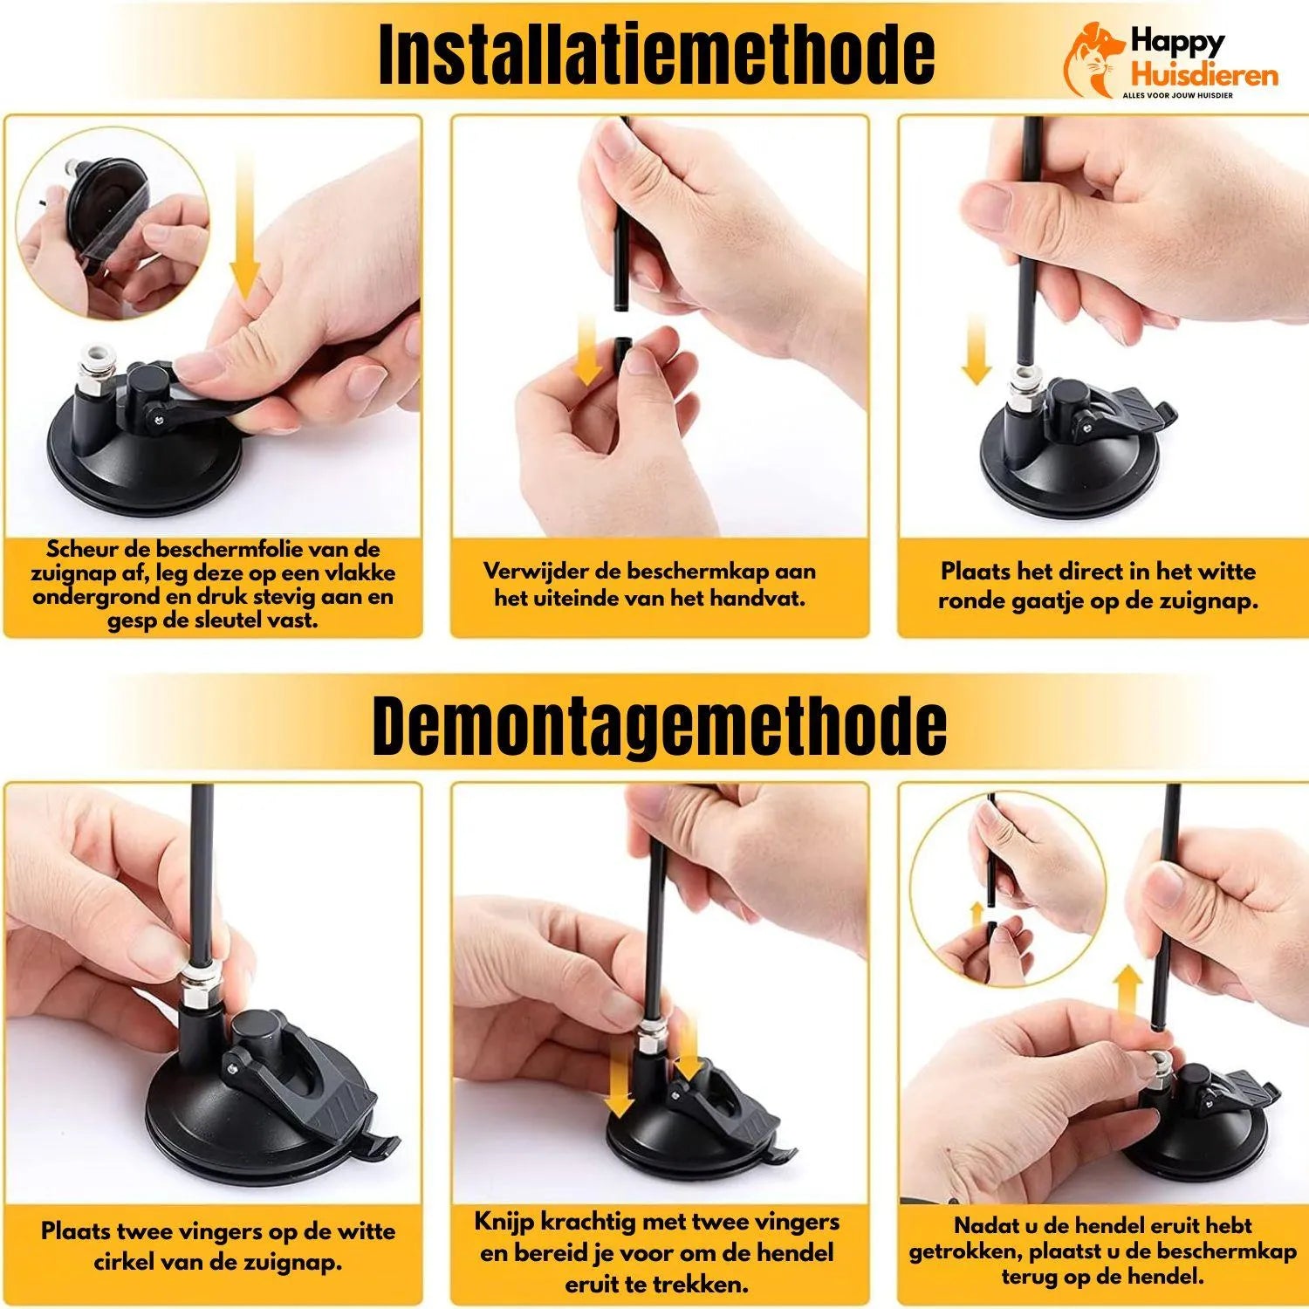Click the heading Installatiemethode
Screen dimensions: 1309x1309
point(656,54)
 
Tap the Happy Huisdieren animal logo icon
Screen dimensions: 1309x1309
point(1093,59)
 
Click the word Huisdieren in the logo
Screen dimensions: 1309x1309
point(1204,76)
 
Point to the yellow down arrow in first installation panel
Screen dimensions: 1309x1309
point(245,236)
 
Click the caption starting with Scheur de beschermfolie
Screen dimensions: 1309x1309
point(213,585)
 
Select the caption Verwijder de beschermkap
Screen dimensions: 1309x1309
point(650,585)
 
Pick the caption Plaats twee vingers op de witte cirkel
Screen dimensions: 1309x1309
point(217,1246)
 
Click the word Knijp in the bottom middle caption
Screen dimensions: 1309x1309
point(504,1222)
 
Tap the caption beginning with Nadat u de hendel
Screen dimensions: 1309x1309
point(1102,1251)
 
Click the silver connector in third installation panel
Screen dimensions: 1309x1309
point(1021,388)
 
